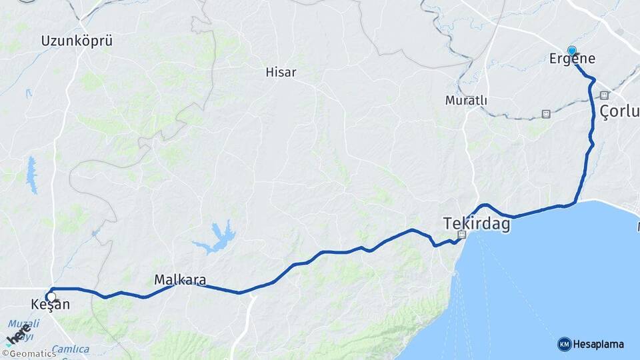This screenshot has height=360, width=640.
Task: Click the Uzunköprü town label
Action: (77, 41)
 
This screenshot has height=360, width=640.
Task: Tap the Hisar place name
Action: (281, 72)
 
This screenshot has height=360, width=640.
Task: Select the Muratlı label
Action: (466, 101)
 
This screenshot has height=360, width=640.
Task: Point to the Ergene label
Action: (572, 59)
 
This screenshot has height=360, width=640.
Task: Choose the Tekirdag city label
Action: (477, 224)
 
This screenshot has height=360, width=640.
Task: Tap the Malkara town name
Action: (180, 280)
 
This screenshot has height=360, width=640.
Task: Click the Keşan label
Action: (50, 305)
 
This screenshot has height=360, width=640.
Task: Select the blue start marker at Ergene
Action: (571, 51)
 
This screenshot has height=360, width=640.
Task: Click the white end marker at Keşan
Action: (51, 297)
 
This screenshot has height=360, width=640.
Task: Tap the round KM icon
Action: (564, 344)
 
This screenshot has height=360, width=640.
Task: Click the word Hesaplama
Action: (599, 344)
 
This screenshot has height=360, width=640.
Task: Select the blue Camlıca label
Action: (71, 349)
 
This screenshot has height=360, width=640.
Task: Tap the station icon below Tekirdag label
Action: (461, 235)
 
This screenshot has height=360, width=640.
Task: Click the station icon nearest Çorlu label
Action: (604, 95)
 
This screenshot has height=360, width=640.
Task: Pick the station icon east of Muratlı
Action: (546, 114)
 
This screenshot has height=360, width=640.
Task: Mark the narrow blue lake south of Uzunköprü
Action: (31, 175)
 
